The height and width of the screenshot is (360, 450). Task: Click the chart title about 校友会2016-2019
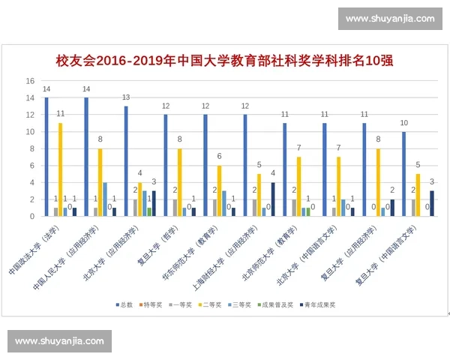tap(225, 60)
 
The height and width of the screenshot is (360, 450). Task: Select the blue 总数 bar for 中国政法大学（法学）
tap(46, 157)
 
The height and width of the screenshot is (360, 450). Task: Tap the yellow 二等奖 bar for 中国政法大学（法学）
tap(60, 169)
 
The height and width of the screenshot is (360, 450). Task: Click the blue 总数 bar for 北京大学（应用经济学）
tap(126, 161)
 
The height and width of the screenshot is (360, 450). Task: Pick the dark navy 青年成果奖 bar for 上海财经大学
tap(272, 199)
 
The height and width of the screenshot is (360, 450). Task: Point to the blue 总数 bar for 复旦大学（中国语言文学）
tap(403, 174)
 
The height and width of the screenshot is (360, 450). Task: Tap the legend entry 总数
tap(125, 305)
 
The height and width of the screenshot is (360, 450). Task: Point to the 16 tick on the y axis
tap(30, 81)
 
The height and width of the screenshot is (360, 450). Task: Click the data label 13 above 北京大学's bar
tap(126, 97)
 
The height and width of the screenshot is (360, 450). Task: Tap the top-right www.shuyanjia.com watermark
tap(391, 19)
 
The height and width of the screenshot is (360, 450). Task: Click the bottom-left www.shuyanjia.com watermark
tap(59, 341)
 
